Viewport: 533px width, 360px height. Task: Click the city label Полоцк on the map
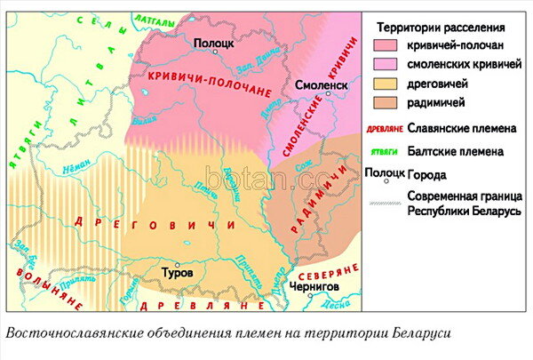[211, 42]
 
